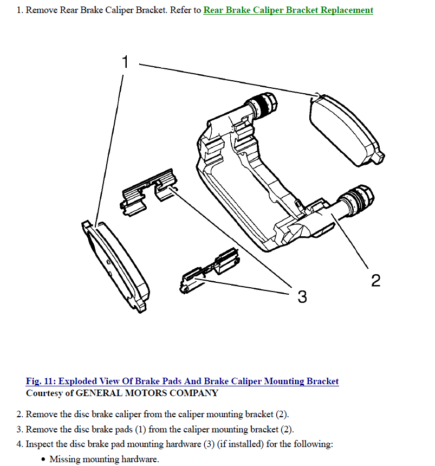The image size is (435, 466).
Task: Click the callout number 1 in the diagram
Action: coord(125,62)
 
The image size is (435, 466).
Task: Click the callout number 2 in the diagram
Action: coord(375,280)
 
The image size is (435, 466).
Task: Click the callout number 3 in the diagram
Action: coord(302,296)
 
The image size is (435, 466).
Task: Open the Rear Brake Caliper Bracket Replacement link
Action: coord(288,10)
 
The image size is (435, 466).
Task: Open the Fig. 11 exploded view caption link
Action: coord(182,381)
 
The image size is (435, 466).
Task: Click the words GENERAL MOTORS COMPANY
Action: coord(147,393)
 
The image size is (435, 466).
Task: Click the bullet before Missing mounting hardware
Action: coord(43,459)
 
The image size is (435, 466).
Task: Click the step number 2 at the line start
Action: coord(19,415)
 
